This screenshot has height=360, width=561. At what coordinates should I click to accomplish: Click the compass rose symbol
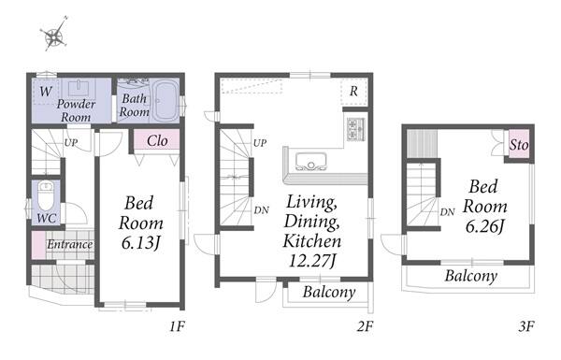pos(54,35)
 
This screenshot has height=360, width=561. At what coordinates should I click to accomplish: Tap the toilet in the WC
pos(46,196)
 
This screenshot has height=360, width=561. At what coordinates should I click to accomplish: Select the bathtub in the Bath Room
pos(165,100)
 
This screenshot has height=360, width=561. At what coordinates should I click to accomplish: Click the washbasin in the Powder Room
pos(79,89)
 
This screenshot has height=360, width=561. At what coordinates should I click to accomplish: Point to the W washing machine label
pos(45,92)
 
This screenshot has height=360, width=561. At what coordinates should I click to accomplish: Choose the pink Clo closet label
pos(157,140)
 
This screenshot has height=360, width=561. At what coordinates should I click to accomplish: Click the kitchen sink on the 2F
pos(311,161)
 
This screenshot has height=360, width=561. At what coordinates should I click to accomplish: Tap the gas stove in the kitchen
pos(355,129)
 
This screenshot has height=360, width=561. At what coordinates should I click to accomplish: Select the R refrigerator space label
pos(353,91)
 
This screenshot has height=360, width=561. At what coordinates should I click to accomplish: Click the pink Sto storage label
pos(519,145)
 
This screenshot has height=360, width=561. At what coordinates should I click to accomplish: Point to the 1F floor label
pos(177,326)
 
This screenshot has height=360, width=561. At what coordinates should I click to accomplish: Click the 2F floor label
pos(365,326)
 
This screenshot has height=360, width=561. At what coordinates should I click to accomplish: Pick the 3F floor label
pos(526,326)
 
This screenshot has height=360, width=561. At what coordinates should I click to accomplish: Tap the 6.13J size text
pos(140,243)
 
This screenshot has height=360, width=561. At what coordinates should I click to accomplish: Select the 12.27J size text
pos(311,261)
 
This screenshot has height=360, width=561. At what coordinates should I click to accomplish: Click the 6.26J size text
pos(484,226)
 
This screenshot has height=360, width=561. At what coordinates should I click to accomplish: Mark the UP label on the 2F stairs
pos(260,143)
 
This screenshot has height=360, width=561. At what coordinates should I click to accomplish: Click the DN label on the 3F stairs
pos(447,212)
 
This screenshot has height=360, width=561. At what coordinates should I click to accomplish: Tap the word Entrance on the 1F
pos(70,244)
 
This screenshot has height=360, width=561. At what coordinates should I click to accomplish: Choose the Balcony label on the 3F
pos(471,276)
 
